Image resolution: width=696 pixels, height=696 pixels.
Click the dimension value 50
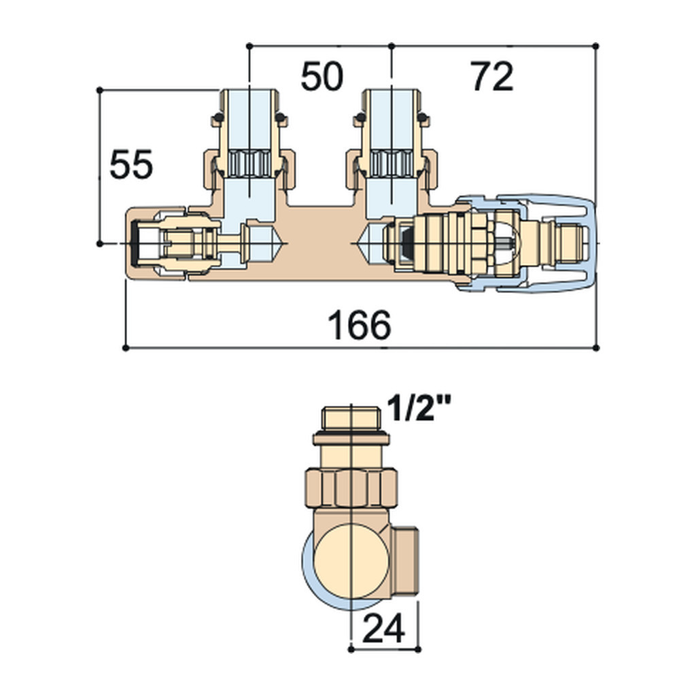point(321,76)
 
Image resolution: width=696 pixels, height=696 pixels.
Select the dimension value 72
point(492,76)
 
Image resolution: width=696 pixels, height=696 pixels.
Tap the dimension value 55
point(131,164)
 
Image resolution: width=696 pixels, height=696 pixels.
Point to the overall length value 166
point(359,326)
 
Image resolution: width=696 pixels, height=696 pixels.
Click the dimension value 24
point(384,628)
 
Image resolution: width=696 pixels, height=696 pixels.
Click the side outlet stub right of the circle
point(404,560)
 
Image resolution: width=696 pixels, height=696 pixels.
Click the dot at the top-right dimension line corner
point(595,46)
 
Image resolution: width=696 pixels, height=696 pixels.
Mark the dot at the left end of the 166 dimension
point(126,348)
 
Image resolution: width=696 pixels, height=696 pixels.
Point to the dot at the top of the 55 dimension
point(99,90)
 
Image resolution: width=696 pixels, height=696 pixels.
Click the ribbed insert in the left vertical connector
point(249,164)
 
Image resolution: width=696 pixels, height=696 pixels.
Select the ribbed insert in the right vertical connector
point(391,164)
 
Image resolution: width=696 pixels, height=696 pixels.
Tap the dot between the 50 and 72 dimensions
point(391,46)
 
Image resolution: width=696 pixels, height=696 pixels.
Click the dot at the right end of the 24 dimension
point(418,649)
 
